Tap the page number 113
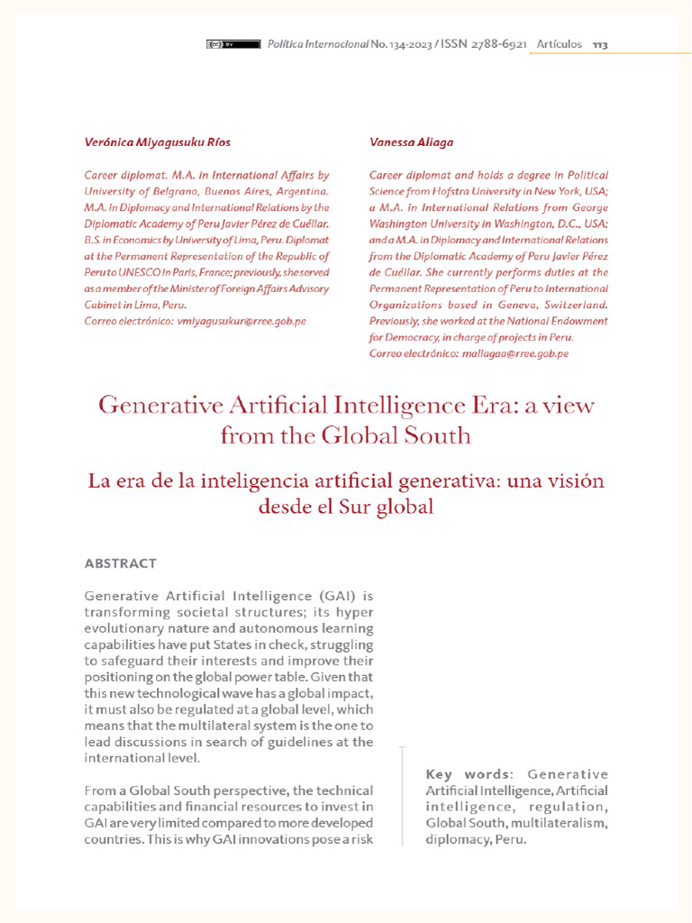click(600, 44)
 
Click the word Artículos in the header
click(559, 44)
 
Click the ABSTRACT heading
click(120, 563)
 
